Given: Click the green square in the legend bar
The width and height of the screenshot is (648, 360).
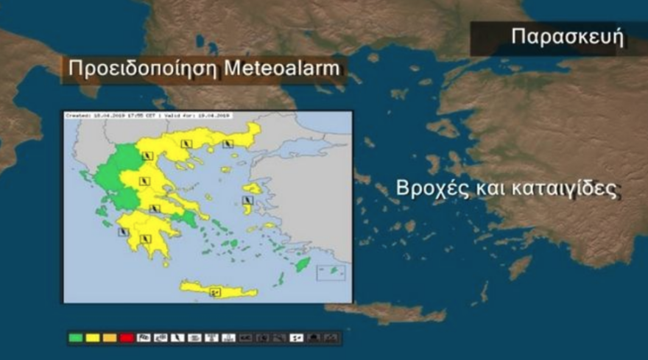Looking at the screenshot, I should tap(75, 338).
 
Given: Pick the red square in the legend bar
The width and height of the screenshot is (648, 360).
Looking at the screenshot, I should tap(125, 338).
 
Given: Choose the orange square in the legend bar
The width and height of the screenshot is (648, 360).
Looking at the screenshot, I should tap(109, 338).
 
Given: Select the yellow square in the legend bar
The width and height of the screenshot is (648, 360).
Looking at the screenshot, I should tap(92, 338).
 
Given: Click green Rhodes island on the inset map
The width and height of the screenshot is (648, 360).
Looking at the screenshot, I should tap(302, 264).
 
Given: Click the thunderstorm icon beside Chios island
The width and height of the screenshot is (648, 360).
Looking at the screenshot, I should tap(246, 200).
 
